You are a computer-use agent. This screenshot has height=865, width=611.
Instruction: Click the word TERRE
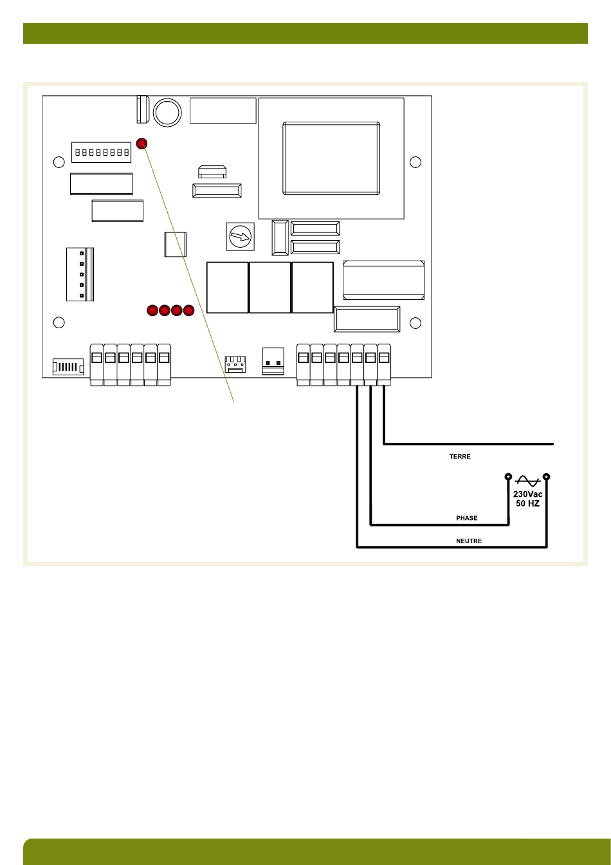[x=460, y=456]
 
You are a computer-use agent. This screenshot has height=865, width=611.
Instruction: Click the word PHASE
[x=466, y=517]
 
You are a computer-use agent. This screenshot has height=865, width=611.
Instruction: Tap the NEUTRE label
[x=468, y=541]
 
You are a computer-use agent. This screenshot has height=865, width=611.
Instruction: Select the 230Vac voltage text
[x=527, y=494]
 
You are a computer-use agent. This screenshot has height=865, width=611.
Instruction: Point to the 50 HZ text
[x=527, y=503]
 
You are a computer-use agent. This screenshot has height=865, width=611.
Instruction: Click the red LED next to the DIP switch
[x=142, y=144]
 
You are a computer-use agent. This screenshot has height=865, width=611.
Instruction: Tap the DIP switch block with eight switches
[x=101, y=153]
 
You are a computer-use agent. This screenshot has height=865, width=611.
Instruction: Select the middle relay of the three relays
[x=269, y=287]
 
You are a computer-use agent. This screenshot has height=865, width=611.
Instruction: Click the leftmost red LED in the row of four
[x=152, y=311]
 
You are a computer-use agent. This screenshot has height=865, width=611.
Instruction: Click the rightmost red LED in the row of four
[x=188, y=311]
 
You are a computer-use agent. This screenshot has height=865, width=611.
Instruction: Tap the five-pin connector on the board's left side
[x=80, y=274]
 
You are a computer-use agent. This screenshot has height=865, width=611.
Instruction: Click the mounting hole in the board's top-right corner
[x=415, y=161]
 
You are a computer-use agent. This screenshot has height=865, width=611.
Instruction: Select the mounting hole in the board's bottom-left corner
[x=59, y=322]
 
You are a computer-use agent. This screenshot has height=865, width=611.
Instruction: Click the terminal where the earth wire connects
[x=384, y=357]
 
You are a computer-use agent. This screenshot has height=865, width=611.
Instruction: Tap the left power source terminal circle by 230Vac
[x=508, y=478]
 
